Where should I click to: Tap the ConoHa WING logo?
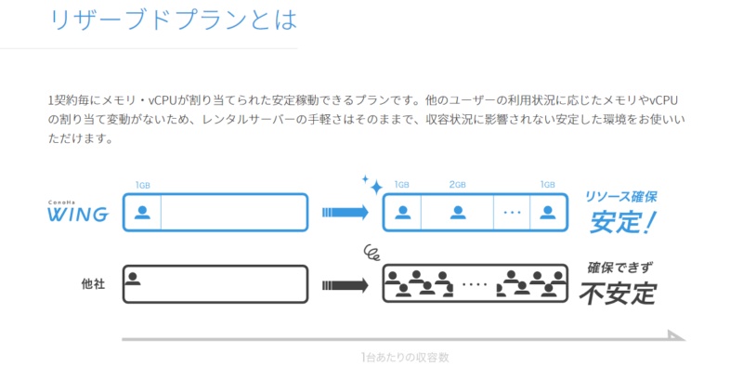coord(78,213)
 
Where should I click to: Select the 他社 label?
coord(93,284)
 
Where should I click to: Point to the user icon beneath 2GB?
coord(457,212)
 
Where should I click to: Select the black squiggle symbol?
coord(372,252)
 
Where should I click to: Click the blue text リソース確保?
coord(620,197)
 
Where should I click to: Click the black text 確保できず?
coord(619,268)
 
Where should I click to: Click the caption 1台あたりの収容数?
coord(405,357)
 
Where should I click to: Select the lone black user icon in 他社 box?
coord(136,277)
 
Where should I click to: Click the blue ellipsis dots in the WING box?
coord(512,213)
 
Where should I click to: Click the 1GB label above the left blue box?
coord(143,185)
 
